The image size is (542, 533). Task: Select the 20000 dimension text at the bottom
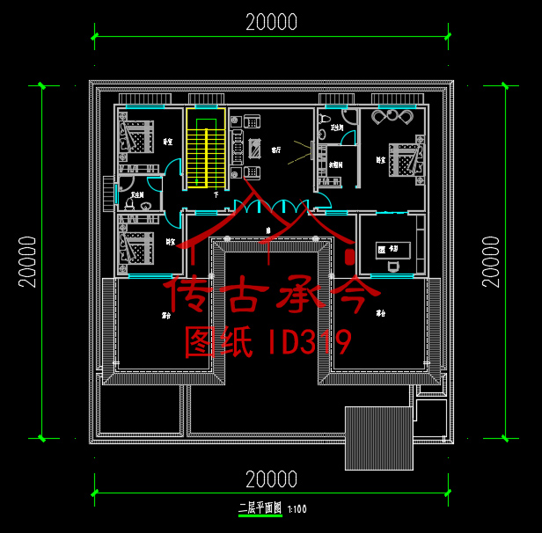271,479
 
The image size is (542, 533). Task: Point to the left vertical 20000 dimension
27,261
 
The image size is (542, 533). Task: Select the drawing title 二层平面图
259,507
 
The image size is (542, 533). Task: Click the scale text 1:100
297,508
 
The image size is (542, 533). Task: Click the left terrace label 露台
165,314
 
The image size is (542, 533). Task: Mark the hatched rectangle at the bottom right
378,439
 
